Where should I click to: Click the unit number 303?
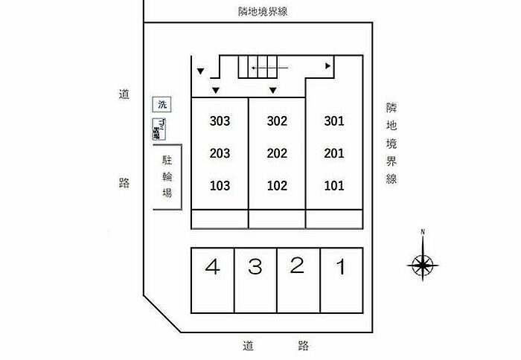[220, 121]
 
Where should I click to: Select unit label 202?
[277, 154]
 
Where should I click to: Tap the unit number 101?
[334, 186]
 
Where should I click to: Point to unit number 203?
[220, 154]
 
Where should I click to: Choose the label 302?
[277, 121]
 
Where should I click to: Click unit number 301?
[334, 121]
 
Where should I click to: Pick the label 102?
[277, 186]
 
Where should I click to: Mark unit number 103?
[220, 186]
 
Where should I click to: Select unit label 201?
[334, 154]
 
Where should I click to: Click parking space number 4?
[214, 267]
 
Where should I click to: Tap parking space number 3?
[255, 267]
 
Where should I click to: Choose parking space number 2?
[297, 266]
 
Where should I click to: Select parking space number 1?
[341, 267]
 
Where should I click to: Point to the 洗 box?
[159, 105]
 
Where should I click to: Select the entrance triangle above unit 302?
[273, 91]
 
